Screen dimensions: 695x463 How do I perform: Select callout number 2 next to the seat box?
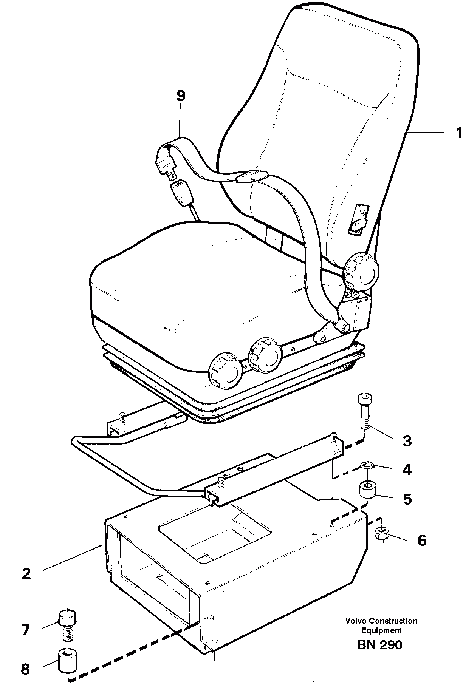point(26,574)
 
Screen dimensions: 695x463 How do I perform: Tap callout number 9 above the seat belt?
point(181,96)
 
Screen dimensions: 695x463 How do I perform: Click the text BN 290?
point(379,644)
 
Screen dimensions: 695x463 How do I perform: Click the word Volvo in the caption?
point(356,621)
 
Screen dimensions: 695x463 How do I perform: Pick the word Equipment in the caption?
point(381,630)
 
